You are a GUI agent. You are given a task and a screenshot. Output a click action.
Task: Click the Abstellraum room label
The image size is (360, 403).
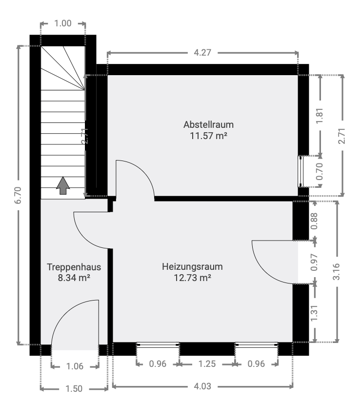pos(208,124)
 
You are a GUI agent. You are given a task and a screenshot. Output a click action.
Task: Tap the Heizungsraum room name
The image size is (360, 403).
pos(192,267)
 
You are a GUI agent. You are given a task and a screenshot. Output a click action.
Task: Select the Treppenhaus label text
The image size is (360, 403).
pos(74,267)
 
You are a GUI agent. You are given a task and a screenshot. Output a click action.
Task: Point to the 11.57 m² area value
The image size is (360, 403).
pos(208,136)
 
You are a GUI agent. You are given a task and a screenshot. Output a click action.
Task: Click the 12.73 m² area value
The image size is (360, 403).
pos(193,278)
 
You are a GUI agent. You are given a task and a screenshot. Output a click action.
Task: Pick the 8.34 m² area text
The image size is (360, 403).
pos(74,278)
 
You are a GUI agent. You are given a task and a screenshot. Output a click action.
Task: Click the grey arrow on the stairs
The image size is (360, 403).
pos(63,185)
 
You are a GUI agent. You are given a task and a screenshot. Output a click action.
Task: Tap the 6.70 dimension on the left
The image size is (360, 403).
pos(18,195)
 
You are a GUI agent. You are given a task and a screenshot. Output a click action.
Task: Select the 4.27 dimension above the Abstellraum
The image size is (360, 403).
pos(202,53)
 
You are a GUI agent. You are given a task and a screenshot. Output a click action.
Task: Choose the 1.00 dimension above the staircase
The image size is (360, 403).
pos(63,23)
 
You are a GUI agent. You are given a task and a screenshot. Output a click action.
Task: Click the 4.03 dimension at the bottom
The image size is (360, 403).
pos(202,386)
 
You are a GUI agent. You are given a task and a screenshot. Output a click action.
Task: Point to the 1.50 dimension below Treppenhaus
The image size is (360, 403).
pos(74,388)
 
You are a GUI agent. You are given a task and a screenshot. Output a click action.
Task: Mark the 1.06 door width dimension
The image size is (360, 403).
pos(75,366)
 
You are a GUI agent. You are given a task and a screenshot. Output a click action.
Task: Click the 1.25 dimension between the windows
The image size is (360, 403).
pos(207,364)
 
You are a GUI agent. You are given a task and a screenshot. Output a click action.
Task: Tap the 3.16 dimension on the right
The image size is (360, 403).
pos(337,271)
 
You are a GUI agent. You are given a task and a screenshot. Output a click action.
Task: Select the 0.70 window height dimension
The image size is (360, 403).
pos(320,171)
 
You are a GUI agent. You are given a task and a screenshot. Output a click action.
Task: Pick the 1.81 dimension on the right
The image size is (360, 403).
pos(320,116)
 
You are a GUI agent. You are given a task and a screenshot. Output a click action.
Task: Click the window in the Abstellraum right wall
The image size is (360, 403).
pos(300,171)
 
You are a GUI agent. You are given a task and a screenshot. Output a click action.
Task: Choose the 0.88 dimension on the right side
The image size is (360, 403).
pos(314,221)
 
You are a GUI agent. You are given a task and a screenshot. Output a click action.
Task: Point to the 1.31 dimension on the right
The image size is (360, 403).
pos(314,313)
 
